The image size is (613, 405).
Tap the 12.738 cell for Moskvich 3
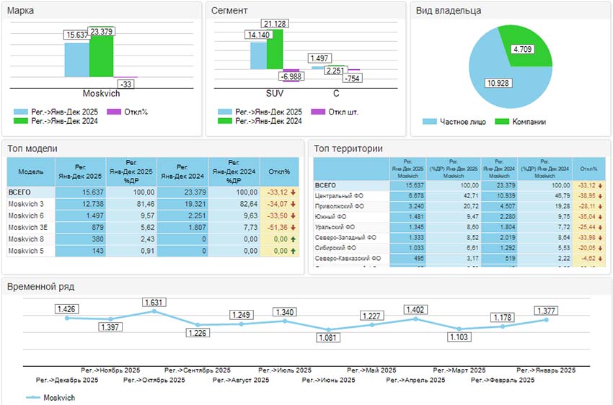(80, 204)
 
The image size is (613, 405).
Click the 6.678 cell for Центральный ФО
(407, 195)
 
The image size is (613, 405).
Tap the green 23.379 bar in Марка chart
(101, 61)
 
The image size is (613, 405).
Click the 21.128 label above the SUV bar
(276, 24)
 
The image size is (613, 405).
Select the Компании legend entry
(528, 122)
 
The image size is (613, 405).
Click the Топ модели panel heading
(32, 148)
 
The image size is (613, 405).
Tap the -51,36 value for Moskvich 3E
(278, 227)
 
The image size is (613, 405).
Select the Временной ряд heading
(40, 286)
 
